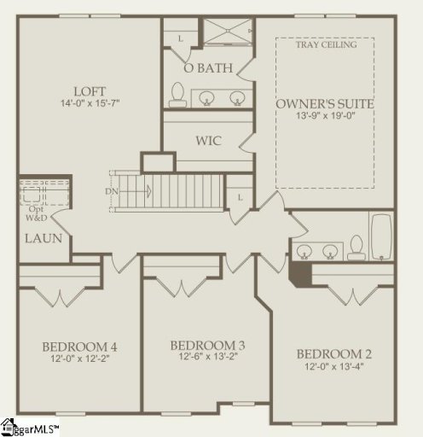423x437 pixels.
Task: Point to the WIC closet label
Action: [208, 140]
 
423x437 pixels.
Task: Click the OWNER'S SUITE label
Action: [325, 103]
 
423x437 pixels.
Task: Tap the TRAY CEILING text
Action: [325, 44]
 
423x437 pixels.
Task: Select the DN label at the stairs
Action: [111, 190]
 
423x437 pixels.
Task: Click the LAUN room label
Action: [43, 238]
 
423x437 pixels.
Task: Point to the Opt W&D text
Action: [37, 213]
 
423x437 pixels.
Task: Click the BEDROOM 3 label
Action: [207, 345]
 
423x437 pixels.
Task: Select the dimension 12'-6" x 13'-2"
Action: [207, 358]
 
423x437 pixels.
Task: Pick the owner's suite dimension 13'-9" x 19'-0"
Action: [325, 117]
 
